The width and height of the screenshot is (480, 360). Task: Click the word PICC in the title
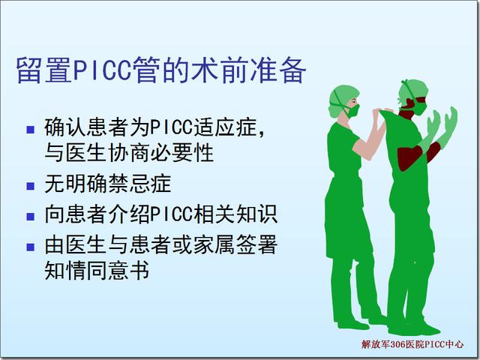click(103, 70)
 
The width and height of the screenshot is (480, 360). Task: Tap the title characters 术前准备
click(248, 70)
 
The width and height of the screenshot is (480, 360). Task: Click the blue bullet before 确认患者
click(30, 130)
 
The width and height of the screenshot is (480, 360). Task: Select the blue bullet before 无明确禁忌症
click(30, 186)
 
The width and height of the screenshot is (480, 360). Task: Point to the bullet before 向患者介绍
click(30, 217)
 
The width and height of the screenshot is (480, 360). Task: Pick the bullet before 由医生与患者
click(30, 247)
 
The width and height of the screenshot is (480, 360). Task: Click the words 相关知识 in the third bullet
click(235, 214)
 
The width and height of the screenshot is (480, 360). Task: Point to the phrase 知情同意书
click(97, 270)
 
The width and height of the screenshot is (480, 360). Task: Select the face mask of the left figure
click(353, 110)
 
